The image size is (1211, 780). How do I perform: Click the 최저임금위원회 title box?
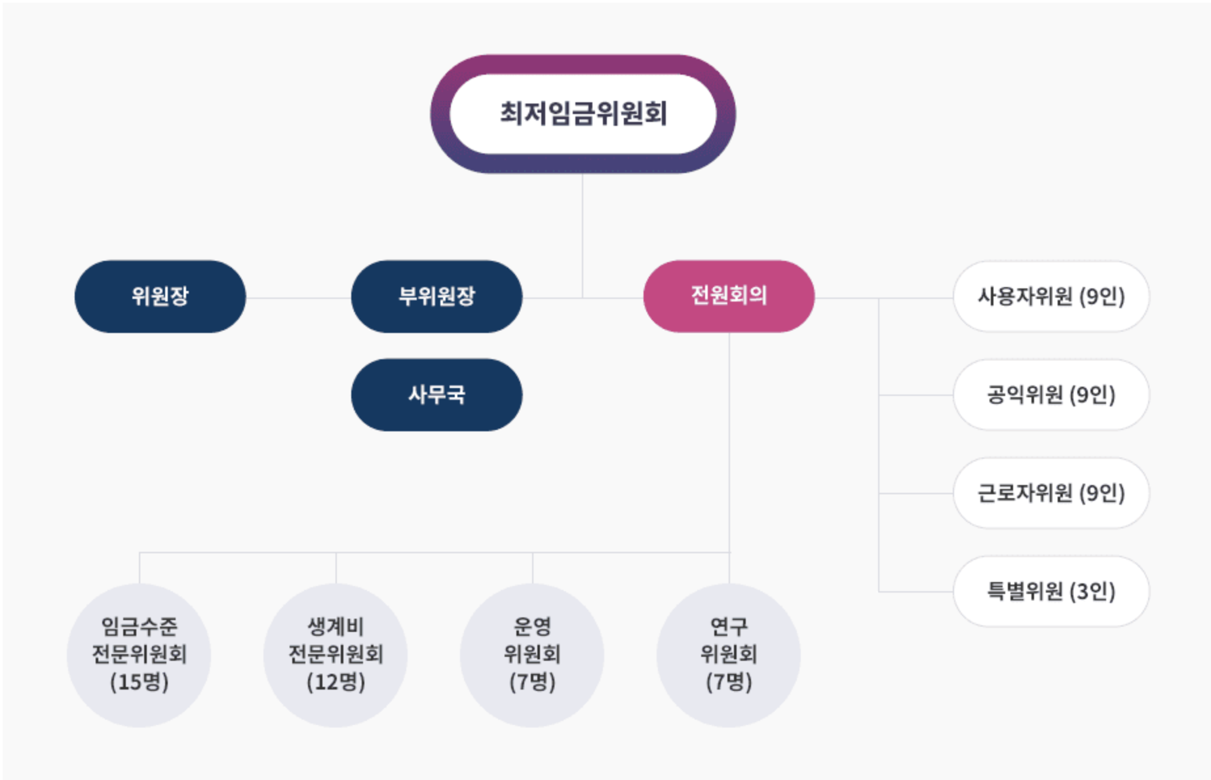click(583, 114)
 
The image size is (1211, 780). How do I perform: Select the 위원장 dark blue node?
click(160, 296)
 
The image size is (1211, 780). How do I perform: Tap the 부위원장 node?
click(436, 296)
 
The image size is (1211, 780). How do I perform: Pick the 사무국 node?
click(436, 395)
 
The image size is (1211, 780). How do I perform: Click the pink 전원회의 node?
click(729, 296)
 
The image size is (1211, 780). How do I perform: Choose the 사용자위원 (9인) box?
click(1050, 296)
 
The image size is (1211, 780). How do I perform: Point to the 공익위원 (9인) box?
click(1050, 395)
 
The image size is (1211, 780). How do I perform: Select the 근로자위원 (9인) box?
click(1050, 493)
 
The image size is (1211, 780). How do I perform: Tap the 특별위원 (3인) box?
click(1050, 591)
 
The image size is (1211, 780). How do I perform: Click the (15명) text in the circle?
click(139, 682)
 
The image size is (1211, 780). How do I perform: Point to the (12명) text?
click(336, 682)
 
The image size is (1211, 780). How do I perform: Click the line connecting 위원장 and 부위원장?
click(298, 298)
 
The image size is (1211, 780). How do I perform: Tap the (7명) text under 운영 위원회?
click(532, 682)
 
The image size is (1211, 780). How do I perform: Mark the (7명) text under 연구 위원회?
click(729, 682)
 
